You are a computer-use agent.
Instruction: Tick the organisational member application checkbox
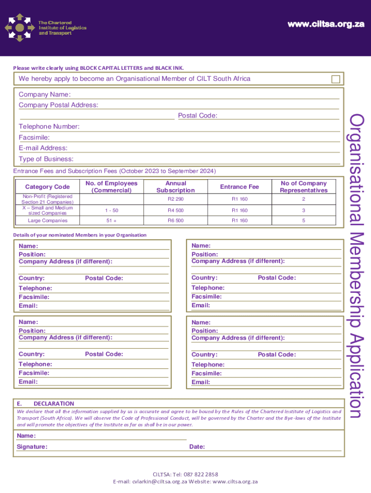coord(335,79)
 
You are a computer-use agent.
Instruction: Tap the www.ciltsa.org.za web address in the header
coord(325,25)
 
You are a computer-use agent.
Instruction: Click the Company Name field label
coord(44,94)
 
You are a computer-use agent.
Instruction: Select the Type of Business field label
coord(46,159)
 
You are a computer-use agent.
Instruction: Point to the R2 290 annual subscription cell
coord(175,199)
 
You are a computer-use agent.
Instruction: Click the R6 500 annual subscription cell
coord(175,221)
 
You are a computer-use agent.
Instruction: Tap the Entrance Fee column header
coord(239,187)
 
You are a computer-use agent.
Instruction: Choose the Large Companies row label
coord(47,221)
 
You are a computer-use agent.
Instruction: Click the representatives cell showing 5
coord(304,221)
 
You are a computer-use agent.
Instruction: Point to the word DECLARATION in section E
coord(54,403)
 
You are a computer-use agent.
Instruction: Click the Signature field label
coord(32,447)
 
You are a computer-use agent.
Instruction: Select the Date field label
coord(197,447)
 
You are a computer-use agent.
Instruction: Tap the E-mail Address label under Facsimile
coord(43,148)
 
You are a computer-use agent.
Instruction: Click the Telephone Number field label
coord(49,127)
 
